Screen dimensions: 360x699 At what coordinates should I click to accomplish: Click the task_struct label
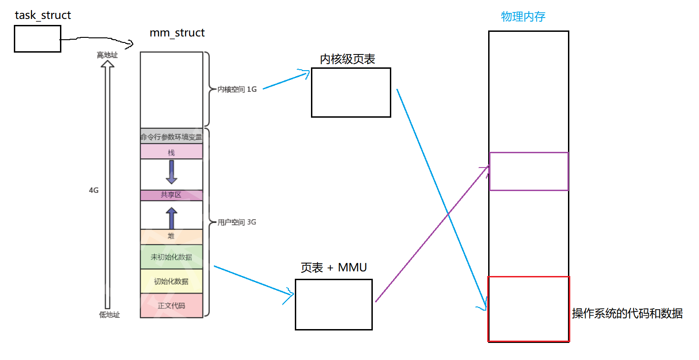click(43, 15)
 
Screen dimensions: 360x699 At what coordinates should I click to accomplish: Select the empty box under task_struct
click(37, 39)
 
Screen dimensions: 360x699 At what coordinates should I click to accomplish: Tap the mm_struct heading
click(177, 33)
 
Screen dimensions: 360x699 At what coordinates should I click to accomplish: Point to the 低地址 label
click(109, 315)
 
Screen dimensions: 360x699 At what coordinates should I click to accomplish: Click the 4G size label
click(94, 190)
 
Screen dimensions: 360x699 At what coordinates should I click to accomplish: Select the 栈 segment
click(172, 152)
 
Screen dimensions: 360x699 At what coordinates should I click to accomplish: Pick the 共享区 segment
click(172, 195)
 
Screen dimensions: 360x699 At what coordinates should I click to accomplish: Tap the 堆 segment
click(172, 237)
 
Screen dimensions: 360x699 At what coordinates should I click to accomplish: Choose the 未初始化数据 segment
click(172, 257)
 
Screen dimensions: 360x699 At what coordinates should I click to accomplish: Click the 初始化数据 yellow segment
click(172, 281)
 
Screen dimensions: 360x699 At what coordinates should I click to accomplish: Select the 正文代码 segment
click(172, 306)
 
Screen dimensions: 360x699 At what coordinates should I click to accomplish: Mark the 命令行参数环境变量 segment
click(172, 137)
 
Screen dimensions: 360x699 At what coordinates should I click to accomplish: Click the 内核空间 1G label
click(237, 90)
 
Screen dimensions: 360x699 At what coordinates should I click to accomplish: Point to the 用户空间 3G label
click(236, 222)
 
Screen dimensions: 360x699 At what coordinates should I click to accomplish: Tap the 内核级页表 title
click(347, 60)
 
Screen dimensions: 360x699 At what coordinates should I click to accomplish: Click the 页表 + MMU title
click(334, 268)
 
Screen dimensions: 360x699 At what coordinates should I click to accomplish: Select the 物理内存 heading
click(523, 17)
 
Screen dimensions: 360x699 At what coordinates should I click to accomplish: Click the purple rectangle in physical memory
click(529, 171)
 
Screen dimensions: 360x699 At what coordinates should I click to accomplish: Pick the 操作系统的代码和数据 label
click(627, 314)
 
